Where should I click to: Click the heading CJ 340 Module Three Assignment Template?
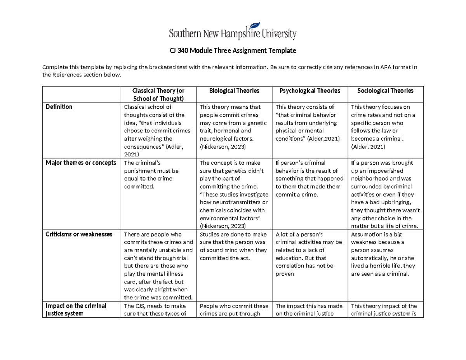coord(233,50)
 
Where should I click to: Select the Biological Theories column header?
coord(234,90)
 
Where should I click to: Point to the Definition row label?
coord(59,107)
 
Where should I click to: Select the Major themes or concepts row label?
coord(81,163)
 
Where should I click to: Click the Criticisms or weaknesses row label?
coord(79,234)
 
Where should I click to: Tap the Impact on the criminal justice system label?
coord(76,310)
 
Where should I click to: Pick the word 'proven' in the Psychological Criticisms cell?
coord(285,274)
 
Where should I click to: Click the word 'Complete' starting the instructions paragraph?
coord(54,67)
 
